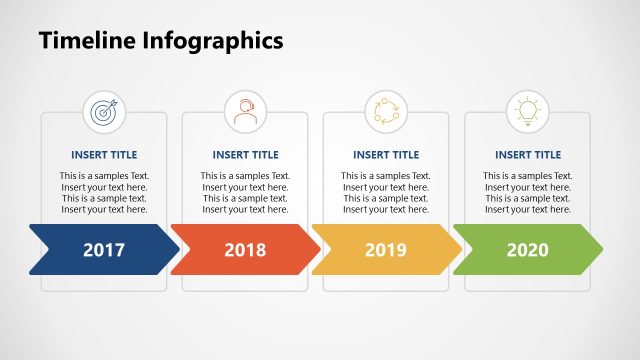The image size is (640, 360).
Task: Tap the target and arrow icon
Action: tap(104, 110)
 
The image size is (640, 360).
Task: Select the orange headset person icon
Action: tap(245, 110)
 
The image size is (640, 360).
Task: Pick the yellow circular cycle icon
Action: tap(386, 110)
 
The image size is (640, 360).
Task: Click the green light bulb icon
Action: tap(527, 110)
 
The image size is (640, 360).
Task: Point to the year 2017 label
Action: tap(104, 249)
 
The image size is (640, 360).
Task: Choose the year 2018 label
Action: tap(245, 249)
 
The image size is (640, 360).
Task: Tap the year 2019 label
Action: tap(386, 249)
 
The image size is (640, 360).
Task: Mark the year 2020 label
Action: tap(527, 249)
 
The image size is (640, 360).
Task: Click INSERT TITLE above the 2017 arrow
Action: tap(104, 155)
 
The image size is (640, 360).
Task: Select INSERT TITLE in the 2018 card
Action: tap(245, 155)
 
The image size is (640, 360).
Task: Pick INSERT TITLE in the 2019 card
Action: tap(386, 155)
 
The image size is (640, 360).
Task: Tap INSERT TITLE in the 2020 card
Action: tap(527, 155)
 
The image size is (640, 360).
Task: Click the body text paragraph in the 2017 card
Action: tap(104, 193)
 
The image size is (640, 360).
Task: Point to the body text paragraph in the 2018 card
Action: tap(245, 193)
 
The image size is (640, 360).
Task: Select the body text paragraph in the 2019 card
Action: tap(386, 193)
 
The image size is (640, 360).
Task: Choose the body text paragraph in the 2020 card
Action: tap(527, 193)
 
